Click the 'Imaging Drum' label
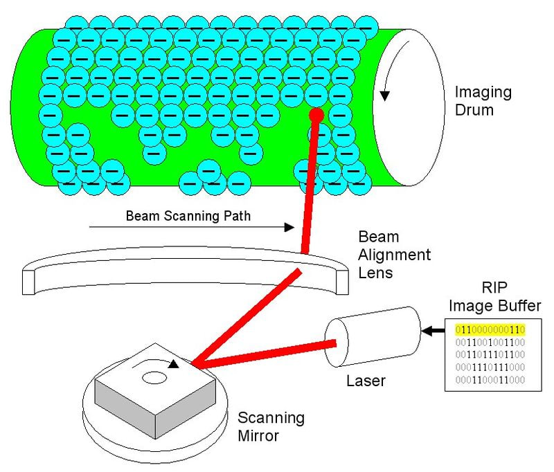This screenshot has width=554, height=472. (483, 101)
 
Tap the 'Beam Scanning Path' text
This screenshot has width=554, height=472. (188, 216)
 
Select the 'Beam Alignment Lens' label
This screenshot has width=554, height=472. (394, 255)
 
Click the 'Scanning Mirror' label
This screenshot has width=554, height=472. (271, 426)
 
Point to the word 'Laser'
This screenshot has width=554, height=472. (366, 381)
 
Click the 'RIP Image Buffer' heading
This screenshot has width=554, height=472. (494, 296)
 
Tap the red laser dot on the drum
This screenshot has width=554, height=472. (316, 115)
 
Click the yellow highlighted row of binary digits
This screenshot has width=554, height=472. (490, 329)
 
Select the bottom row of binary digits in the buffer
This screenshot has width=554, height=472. (490, 380)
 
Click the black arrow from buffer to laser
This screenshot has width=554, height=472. (434, 331)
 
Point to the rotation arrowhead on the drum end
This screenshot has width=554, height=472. (385, 96)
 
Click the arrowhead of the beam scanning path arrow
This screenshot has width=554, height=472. (289, 228)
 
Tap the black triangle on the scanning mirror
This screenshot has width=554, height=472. (173, 364)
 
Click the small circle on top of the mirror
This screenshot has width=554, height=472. (154, 378)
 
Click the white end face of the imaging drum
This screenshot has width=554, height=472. (409, 107)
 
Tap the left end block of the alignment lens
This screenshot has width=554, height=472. (28, 282)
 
